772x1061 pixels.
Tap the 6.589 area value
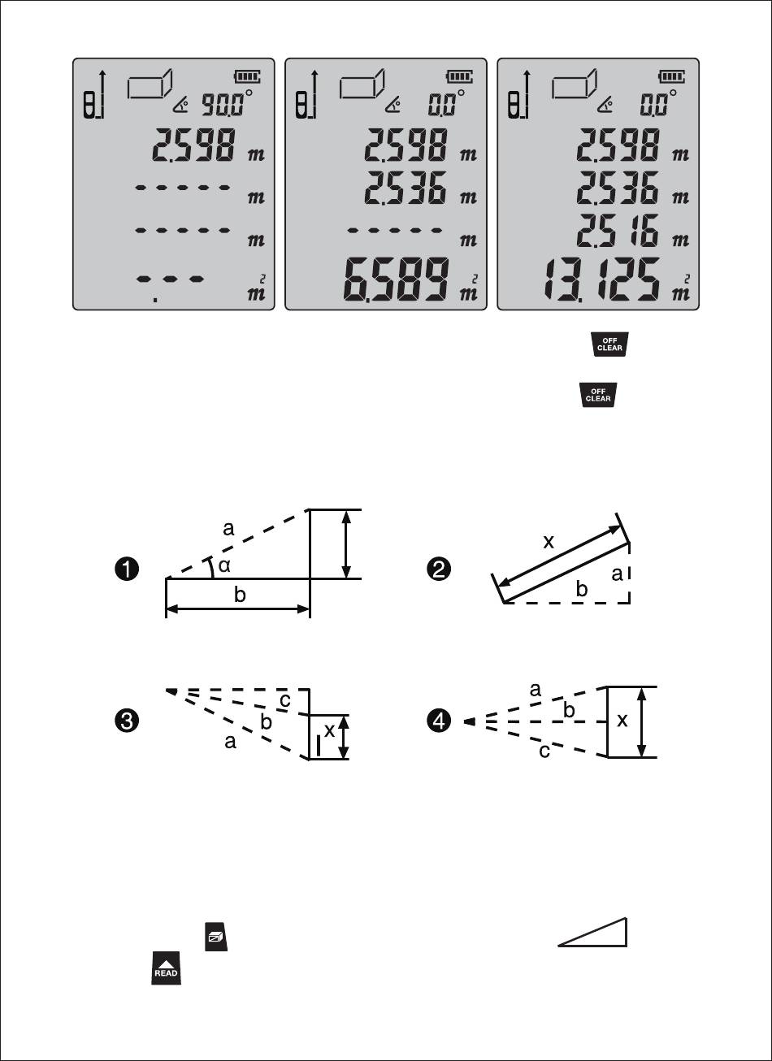[x=396, y=280]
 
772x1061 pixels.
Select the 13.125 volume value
[x=601, y=280]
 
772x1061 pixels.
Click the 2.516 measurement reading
[x=618, y=230]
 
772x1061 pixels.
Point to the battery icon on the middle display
[x=459, y=76]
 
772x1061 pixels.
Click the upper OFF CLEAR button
[x=609, y=344]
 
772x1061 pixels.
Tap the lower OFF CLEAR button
[x=598, y=395]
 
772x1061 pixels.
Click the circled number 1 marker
[x=127, y=569]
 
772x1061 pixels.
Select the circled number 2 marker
[x=439, y=569]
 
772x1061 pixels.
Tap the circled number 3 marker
[x=127, y=721]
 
